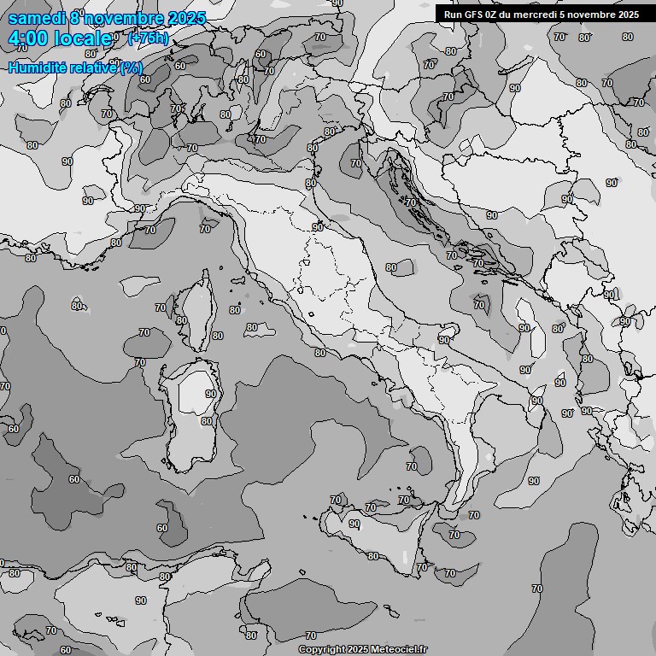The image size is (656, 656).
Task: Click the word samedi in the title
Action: (38, 18)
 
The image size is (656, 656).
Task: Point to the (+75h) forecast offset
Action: (149, 38)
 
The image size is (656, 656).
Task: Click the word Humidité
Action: (37, 67)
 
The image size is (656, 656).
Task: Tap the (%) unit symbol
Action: (131, 67)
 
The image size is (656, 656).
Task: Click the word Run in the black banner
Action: (453, 14)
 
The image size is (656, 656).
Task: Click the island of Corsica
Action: (196, 312)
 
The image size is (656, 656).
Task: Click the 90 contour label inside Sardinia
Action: (211, 394)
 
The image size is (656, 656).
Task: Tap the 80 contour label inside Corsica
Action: (181, 320)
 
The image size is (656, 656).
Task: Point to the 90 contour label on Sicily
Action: (354, 524)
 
